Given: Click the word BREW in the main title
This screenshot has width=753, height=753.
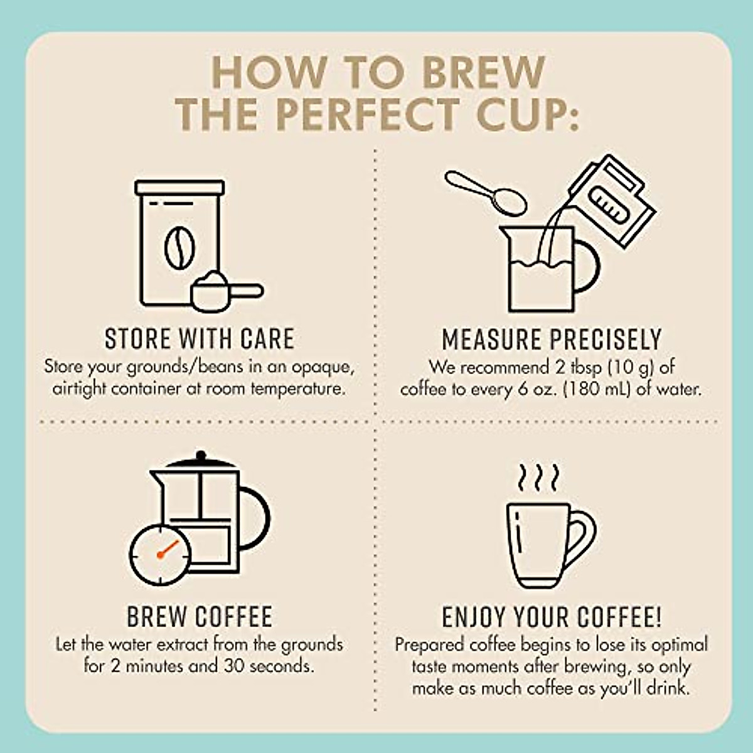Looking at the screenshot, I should click(483, 72).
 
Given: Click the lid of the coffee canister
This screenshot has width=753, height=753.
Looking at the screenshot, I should click(179, 187).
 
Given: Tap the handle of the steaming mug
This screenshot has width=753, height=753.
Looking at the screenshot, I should click(581, 539).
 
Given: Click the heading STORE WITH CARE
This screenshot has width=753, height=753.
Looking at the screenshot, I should click(200, 339).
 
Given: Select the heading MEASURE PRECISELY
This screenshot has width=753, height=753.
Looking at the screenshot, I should click(552, 339).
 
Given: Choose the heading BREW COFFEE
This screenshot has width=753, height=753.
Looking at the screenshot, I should click(200, 617).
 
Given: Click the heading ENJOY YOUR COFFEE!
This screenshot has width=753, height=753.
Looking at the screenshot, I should click(552, 617).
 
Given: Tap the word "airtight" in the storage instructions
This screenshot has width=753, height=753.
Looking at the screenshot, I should click(80, 389).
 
